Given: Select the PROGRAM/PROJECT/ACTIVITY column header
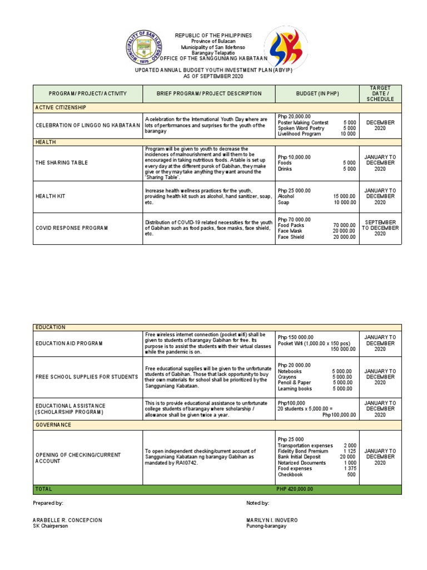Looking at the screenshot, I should tap(88, 94).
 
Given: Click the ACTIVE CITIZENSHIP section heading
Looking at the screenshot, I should tap(61, 107).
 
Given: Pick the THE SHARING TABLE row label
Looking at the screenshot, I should tap(61, 163).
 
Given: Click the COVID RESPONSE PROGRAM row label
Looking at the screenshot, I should tap(72, 228).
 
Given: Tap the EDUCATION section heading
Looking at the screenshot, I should tap(51, 327).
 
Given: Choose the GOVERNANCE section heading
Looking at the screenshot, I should tap(54, 425).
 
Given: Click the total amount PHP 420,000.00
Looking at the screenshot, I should tap(295, 489).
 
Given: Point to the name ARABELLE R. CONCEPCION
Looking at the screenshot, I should tap(67, 520).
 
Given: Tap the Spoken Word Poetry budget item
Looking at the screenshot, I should tap(301, 128).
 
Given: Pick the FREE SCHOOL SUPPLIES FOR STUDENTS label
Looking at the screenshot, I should tap(87, 377).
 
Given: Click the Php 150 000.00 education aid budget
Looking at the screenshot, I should tap(296, 337).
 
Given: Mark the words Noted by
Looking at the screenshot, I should tap(257, 503).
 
